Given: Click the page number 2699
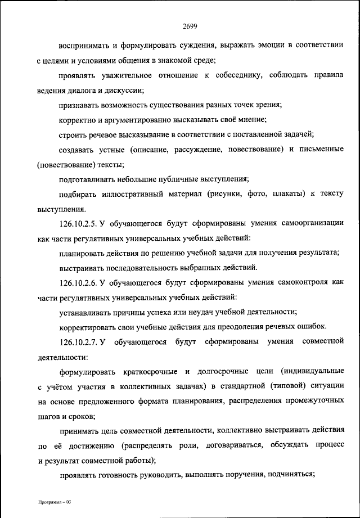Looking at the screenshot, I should coord(189,25).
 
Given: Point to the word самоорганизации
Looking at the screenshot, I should coord(310,223).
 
